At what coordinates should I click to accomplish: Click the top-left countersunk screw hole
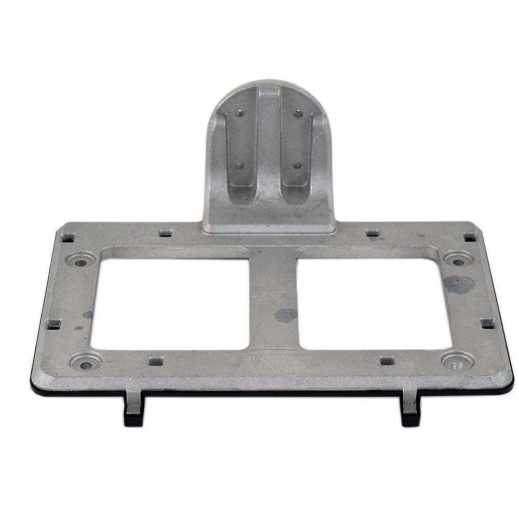[81, 262]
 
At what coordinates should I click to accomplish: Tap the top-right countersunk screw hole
[458, 261]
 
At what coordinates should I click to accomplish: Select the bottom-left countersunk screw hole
[86, 364]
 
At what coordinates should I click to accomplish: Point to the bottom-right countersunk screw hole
[457, 364]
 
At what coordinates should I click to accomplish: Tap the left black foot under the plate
[133, 410]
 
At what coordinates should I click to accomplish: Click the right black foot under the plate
[411, 411]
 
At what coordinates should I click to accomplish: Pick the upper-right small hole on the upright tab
[297, 113]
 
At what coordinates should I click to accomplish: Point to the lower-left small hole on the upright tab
[239, 166]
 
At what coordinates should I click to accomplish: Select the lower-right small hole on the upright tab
[297, 166]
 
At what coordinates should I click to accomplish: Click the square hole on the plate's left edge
[54, 324]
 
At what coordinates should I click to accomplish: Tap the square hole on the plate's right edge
[487, 323]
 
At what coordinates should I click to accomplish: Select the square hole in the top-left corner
[68, 238]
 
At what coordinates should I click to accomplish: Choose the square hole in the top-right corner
[469, 237]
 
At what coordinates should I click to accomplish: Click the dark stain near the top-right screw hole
[459, 284]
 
